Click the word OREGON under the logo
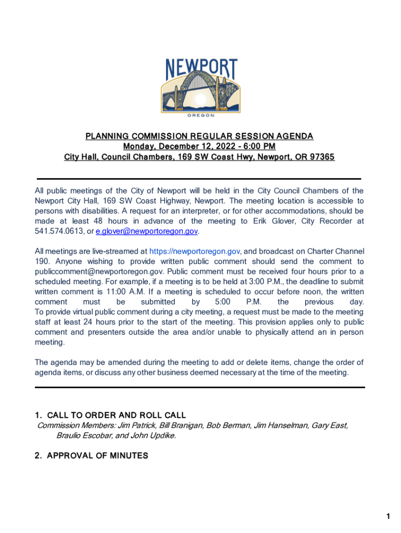coord(200,116)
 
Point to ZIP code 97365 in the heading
coord(322,157)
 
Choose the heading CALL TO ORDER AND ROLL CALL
coord(116,415)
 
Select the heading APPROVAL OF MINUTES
coord(97,456)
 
